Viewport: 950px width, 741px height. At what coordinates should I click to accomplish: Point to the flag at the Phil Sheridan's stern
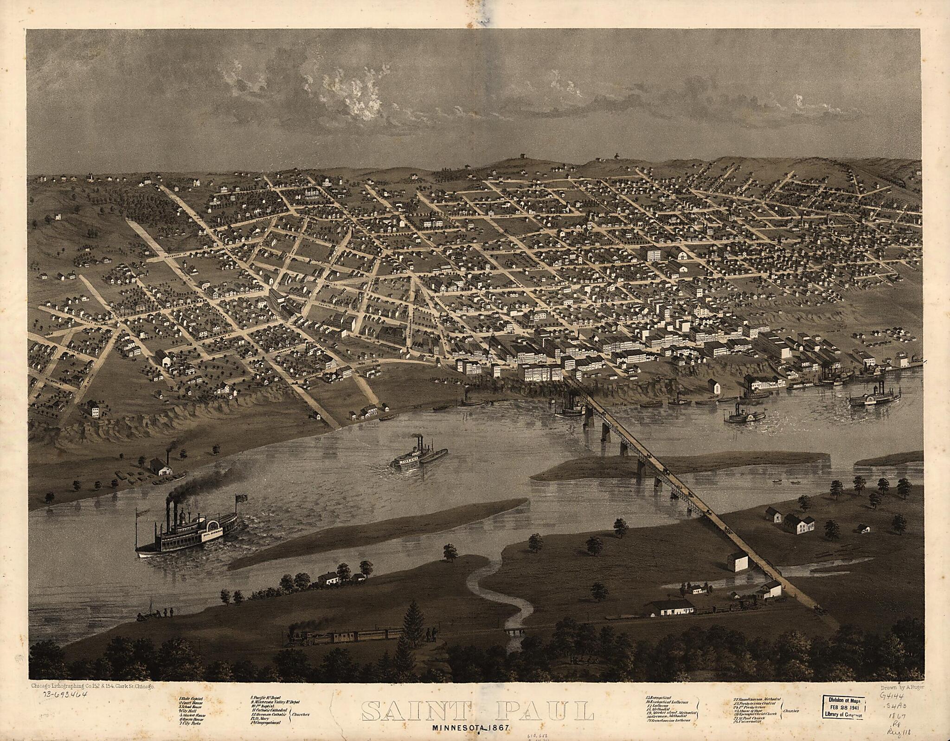[x=242, y=498]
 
